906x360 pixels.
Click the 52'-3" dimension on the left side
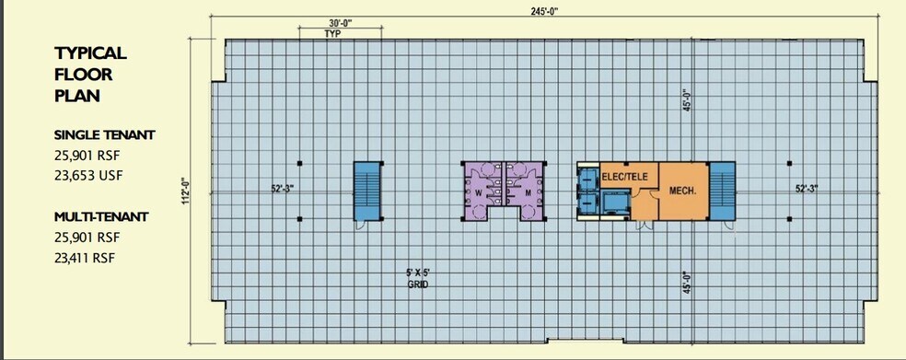click(x=282, y=189)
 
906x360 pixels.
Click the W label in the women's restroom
click(x=479, y=193)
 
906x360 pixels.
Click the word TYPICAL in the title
click(x=89, y=53)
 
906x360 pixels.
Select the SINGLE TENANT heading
click(x=104, y=135)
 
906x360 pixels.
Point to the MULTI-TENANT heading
click(x=100, y=216)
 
